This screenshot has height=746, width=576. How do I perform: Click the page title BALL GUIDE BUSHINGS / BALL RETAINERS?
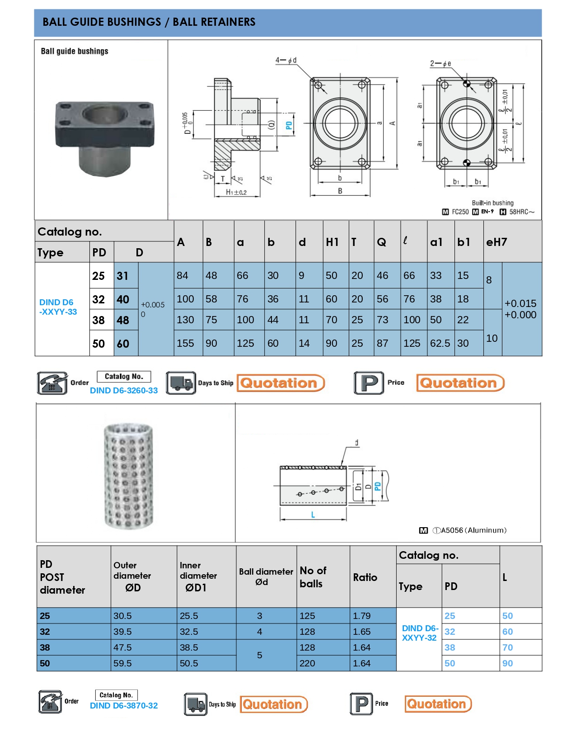(x=149, y=22)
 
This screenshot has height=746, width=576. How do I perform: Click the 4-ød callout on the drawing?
(x=286, y=60)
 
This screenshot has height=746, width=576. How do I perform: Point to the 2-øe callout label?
(x=440, y=64)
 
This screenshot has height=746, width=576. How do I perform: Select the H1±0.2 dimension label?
(x=236, y=192)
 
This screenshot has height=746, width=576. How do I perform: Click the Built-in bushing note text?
(x=492, y=203)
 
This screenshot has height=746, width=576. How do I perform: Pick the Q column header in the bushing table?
(x=382, y=242)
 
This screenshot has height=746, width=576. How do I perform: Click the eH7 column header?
(x=496, y=242)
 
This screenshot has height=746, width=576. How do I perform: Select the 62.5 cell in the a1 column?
(x=440, y=343)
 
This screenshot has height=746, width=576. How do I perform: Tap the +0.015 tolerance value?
(x=520, y=303)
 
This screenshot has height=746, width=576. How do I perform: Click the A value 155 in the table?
(x=185, y=343)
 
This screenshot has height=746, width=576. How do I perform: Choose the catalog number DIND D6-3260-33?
(x=124, y=391)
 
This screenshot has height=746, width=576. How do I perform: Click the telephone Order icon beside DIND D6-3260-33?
(x=52, y=383)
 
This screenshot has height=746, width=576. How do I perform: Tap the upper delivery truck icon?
(x=181, y=383)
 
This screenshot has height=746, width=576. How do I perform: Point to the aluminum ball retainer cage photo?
(x=129, y=476)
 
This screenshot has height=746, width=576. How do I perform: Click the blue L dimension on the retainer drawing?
(x=313, y=515)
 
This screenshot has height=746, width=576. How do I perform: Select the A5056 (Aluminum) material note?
(x=469, y=530)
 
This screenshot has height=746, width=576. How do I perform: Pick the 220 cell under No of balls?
(x=307, y=663)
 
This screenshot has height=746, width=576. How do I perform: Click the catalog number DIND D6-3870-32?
(x=124, y=706)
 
